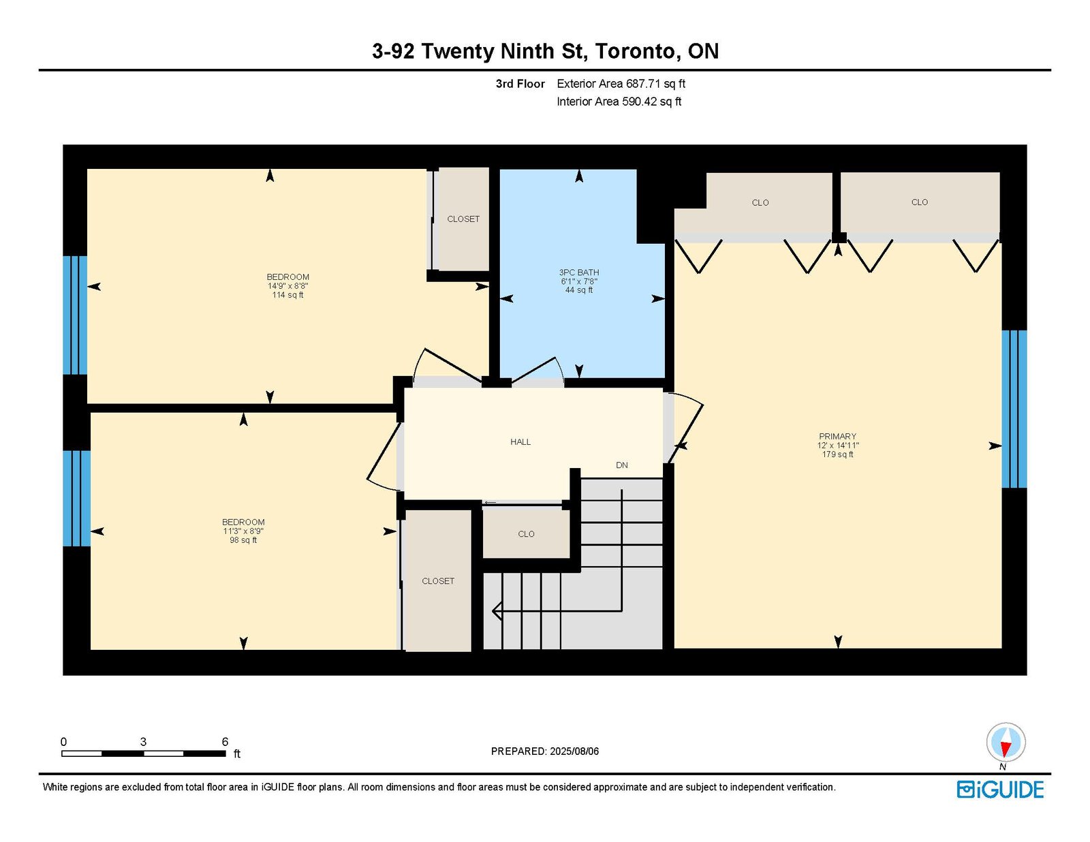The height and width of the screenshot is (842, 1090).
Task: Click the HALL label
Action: point(520,442)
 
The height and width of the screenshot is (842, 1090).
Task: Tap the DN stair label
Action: point(621,465)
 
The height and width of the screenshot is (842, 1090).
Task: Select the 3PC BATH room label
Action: point(579,272)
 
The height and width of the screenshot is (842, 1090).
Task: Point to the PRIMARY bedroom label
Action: point(837,436)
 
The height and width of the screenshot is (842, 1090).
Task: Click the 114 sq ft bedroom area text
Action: point(287,295)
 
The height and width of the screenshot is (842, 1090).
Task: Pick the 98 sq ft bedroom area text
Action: point(243,540)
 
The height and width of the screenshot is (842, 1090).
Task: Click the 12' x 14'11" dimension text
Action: point(838,446)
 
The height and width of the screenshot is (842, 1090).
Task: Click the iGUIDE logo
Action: point(1000,790)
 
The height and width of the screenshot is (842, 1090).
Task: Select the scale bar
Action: point(144,753)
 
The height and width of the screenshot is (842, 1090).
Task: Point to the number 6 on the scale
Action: point(225,742)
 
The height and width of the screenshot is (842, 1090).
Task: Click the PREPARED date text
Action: point(545,751)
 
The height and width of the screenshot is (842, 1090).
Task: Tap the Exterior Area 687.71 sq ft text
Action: point(621,84)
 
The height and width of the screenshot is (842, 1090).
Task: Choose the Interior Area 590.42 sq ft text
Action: point(619,102)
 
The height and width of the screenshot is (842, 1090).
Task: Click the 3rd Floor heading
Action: point(520,84)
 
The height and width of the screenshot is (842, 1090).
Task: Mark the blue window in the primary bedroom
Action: point(1014,409)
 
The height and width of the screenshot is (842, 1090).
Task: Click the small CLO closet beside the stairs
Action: point(526,533)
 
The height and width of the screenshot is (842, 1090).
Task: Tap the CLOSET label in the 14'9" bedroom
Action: point(463,219)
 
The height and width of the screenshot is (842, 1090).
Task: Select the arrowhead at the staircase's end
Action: point(497,611)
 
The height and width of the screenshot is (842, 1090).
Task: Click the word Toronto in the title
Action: point(636,51)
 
